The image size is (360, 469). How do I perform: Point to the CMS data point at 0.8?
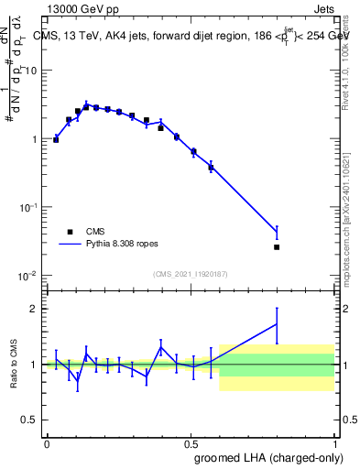coord(277,246)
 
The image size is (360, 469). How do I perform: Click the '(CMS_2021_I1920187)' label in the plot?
coord(190,273)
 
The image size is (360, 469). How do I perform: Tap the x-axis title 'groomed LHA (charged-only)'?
coord(267,457)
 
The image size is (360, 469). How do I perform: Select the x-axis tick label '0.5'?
coord(191,442)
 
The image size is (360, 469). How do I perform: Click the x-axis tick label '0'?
coord(47,442)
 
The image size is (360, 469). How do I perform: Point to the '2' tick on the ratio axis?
coord(33,309)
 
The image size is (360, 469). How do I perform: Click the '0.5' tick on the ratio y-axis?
coord(28,420)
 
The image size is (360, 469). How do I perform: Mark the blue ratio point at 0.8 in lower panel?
coord(277,323)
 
